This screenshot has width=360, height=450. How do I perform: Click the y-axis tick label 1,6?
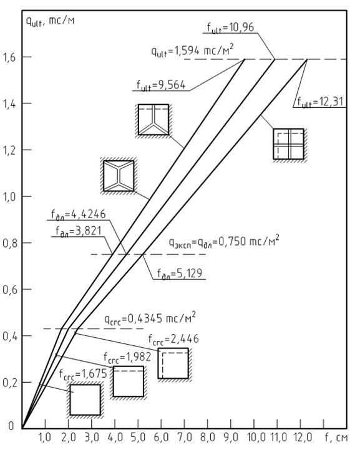click(x=9, y=57)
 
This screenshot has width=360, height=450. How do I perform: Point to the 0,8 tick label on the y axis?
click(x=9, y=243)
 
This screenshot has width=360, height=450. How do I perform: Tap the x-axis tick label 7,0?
click(x=185, y=438)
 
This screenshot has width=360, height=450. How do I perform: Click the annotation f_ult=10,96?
click(x=230, y=28)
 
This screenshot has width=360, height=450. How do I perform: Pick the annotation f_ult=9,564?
click(x=161, y=85)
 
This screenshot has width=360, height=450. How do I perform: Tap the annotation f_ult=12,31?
click(x=320, y=102)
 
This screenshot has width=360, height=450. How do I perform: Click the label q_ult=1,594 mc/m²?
click(x=192, y=51)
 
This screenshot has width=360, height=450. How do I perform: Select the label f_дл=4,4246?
click(x=79, y=215)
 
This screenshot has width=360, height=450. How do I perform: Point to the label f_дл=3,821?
click(x=79, y=231)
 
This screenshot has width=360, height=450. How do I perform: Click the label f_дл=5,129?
click(x=180, y=274)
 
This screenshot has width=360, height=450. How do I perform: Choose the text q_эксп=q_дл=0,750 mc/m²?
click(x=224, y=242)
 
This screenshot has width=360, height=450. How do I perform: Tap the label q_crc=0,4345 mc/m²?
click(x=150, y=319)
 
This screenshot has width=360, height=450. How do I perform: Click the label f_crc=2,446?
click(x=173, y=339)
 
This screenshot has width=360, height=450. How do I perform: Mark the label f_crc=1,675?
click(x=83, y=374)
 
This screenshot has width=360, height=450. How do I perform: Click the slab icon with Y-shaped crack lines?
click(x=153, y=120)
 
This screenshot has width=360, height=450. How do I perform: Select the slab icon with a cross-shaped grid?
click(x=289, y=144)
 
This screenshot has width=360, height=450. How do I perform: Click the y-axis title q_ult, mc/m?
click(x=50, y=21)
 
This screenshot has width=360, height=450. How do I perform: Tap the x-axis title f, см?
click(x=336, y=438)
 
